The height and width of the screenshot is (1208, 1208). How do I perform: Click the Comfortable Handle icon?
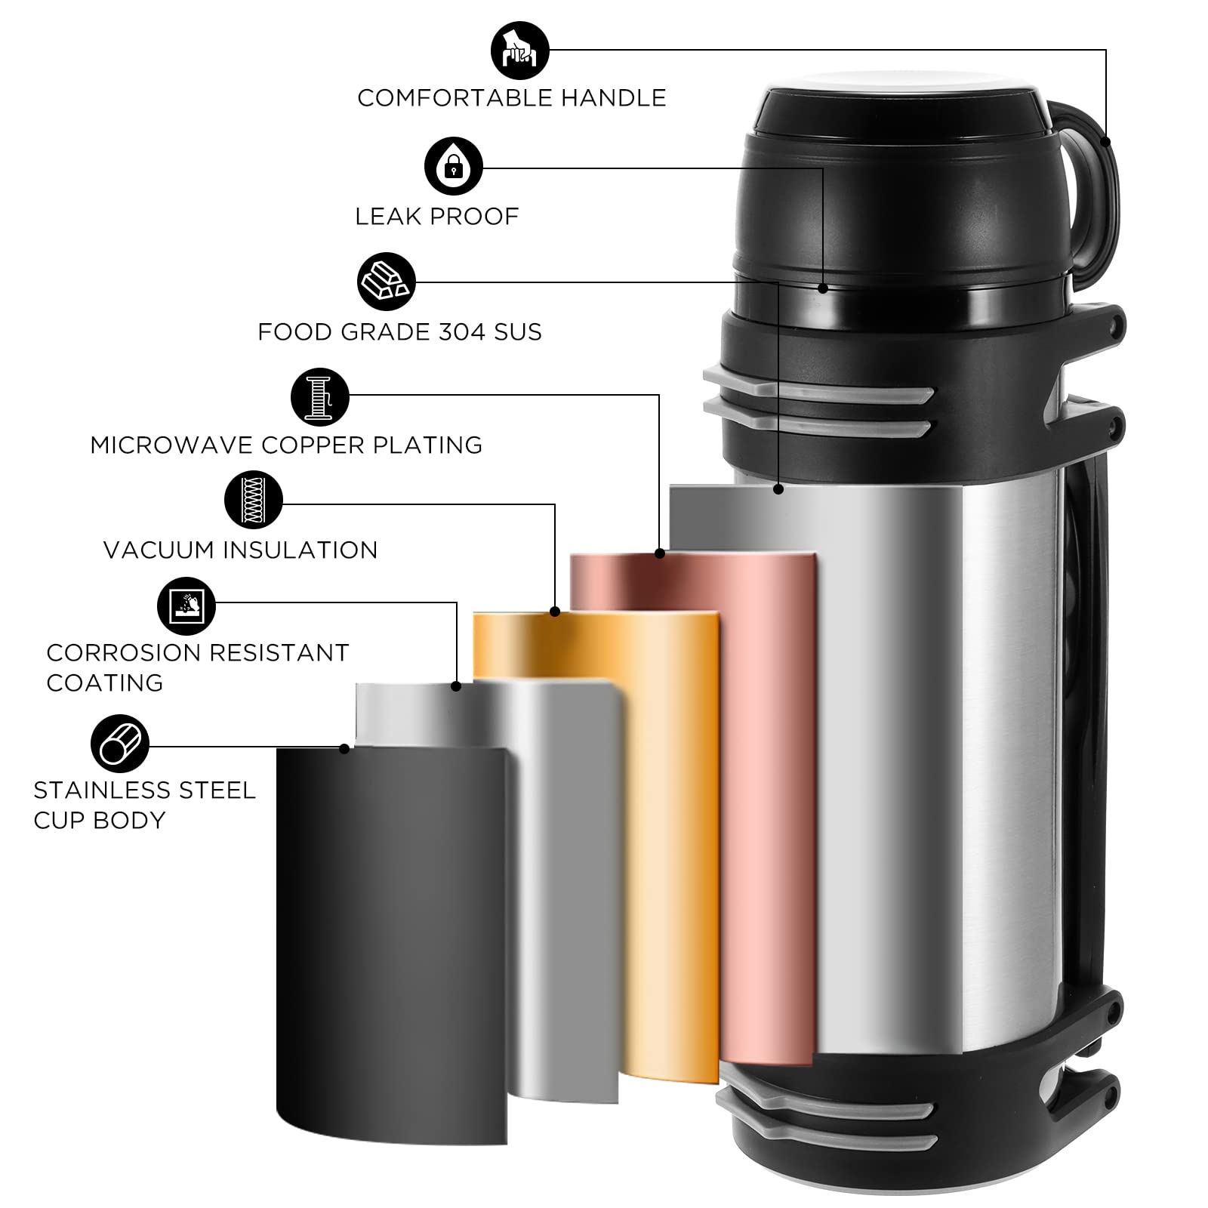(520, 51)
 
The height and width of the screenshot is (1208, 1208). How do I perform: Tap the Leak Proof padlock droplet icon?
(453, 167)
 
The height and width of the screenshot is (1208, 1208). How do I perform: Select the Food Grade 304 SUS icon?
(387, 282)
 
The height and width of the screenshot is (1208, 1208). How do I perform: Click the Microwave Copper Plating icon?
(320, 397)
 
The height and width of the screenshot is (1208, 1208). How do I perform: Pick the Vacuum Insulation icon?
(254, 501)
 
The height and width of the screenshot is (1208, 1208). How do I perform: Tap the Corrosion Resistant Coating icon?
(186, 606)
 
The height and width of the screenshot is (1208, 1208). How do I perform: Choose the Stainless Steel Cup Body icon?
(120, 744)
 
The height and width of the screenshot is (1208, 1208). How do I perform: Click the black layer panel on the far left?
(391, 944)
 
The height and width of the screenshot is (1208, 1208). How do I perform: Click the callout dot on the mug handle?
(1106, 141)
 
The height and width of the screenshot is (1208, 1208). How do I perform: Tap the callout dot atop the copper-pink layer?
(660, 553)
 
